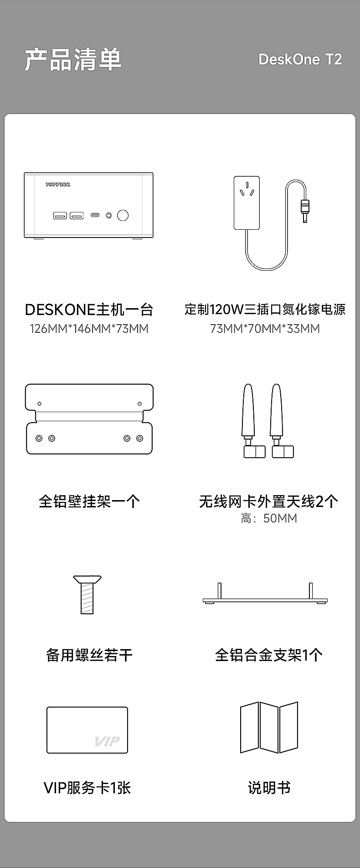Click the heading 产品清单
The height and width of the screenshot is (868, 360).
[x=73, y=60]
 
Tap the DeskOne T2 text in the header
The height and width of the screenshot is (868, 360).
[x=300, y=59]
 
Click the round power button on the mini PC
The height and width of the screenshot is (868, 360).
[x=123, y=215]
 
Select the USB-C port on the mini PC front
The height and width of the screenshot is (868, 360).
[x=95, y=215]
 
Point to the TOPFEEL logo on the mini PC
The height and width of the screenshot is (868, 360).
[x=58, y=185]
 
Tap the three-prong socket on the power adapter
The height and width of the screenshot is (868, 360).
[x=247, y=191]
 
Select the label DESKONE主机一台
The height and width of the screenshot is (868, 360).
[x=89, y=310]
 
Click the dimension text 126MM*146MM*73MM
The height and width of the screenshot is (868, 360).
[x=89, y=329]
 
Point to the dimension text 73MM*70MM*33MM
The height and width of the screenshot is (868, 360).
[x=265, y=329]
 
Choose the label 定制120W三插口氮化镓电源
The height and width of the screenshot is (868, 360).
[x=265, y=310]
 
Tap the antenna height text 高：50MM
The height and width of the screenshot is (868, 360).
[x=269, y=518]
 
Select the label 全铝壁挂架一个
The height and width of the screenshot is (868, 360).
[x=89, y=501]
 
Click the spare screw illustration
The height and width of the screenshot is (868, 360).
[x=87, y=594]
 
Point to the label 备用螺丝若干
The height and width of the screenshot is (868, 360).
[x=89, y=655]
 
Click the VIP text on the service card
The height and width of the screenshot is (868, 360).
[x=107, y=741]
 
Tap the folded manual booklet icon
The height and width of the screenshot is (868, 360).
[x=269, y=728]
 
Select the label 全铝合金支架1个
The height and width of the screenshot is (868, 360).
[x=269, y=655]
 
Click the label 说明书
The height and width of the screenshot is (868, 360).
[x=269, y=788]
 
